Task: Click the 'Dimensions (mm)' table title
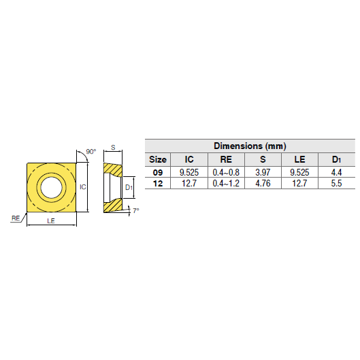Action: coord(250,146)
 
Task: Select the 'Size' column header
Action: coord(157,159)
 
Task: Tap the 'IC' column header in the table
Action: coord(189,159)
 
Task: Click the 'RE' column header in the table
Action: coord(226,159)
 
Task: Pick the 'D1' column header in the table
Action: coord(336,159)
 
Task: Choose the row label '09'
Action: coord(157,173)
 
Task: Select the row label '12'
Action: coord(157,184)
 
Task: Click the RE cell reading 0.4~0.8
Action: coord(226,173)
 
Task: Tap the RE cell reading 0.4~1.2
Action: coord(226,184)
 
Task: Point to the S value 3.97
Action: coord(263,173)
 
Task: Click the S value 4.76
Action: coord(263,184)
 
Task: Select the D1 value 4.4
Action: coord(336,173)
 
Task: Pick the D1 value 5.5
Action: coord(336,184)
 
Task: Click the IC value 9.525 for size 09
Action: coord(189,173)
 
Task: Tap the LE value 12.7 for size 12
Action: coord(299,184)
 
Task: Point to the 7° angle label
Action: coord(135,211)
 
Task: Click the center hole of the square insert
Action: coord(50,186)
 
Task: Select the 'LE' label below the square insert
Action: coord(50,221)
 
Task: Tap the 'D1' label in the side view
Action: coord(129,186)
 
